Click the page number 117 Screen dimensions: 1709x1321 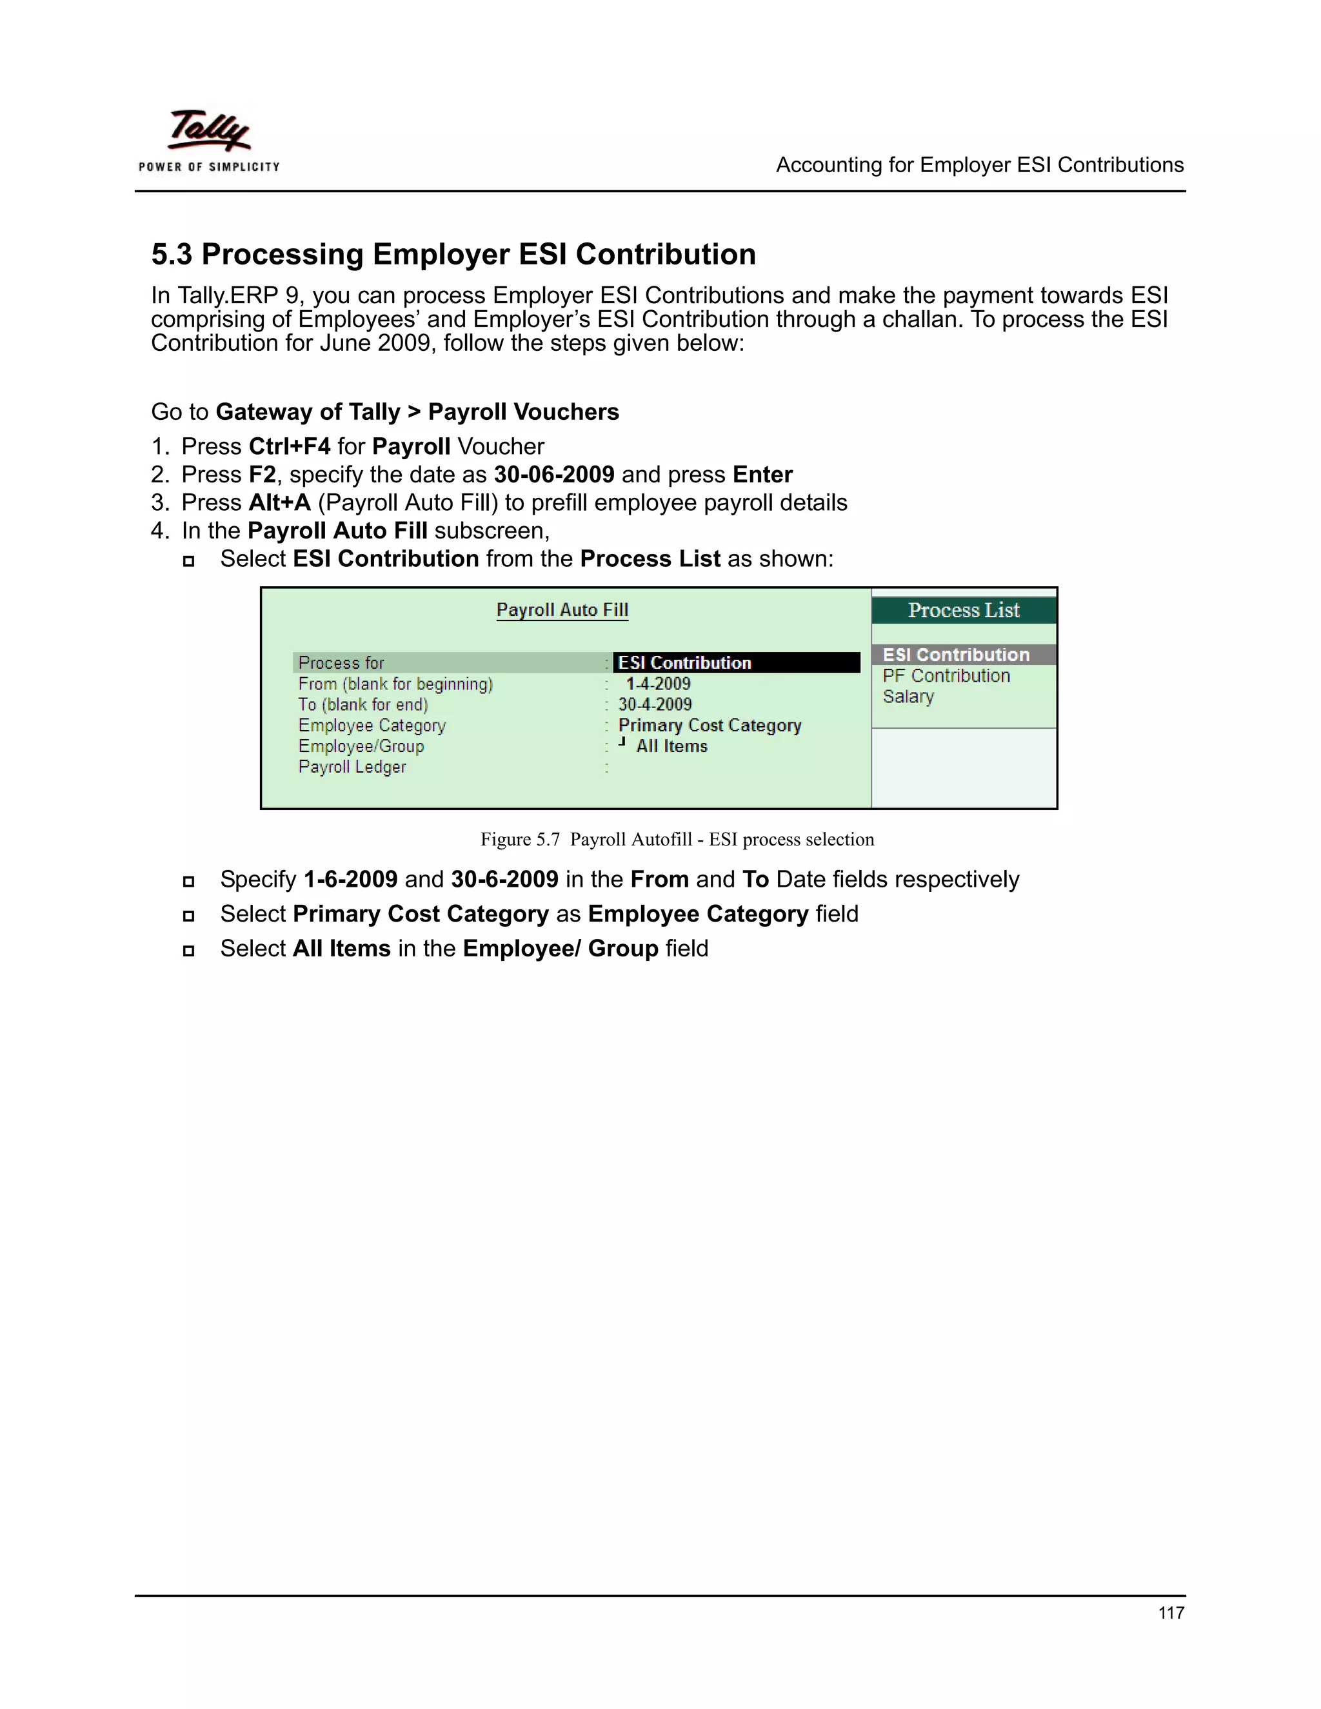click(1171, 1613)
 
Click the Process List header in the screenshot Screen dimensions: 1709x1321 click(964, 610)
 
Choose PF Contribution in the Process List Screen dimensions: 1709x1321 click(946, 676)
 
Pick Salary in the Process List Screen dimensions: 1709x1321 click(908, 696)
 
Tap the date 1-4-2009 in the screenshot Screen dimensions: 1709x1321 click(657, 684)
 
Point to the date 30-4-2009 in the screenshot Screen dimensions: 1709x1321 click(655, 704)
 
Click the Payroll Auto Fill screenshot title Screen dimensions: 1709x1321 click(562, 610)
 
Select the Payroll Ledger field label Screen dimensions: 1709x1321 click(352, 767)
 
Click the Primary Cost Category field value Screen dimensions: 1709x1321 click(709, 726)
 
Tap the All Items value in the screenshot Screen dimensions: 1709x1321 click(671, 747)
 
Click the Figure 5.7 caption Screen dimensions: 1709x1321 click(677, 840)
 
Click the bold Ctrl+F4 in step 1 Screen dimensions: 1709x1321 click(290, 447)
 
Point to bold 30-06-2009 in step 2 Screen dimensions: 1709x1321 click(554, 475)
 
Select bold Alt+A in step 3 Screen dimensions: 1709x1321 click(279, 503)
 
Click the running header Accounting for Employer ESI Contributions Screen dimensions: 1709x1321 click(979, 165)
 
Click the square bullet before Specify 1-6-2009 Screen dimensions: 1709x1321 click(188, 882)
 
